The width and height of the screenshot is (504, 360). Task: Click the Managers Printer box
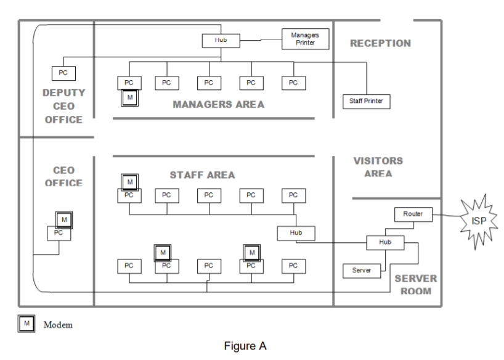click(305, 39)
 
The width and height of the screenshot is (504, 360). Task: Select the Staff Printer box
click(366, 100)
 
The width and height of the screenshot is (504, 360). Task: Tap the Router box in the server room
click(413, 214)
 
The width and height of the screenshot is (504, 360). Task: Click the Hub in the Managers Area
click(221, 41)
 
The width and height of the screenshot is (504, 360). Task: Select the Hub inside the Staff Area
click(296, 232)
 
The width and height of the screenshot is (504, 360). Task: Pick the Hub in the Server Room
click(386, 243)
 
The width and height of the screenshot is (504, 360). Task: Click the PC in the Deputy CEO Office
click(62, 72)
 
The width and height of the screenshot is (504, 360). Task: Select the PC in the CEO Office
click(59, 233)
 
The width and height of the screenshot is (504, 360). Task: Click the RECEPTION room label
click(380, 43)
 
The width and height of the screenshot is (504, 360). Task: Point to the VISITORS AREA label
click(378, 167)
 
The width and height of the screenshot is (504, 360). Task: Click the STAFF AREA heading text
click(202, 175)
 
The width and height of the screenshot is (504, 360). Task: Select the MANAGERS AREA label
click(218, 104)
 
